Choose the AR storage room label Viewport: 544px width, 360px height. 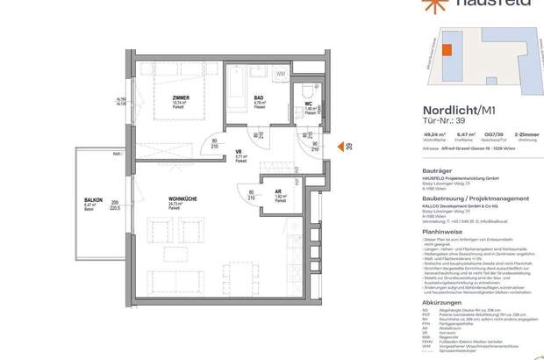[x=280, y=196]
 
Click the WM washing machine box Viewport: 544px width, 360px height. [x=281, y=74]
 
